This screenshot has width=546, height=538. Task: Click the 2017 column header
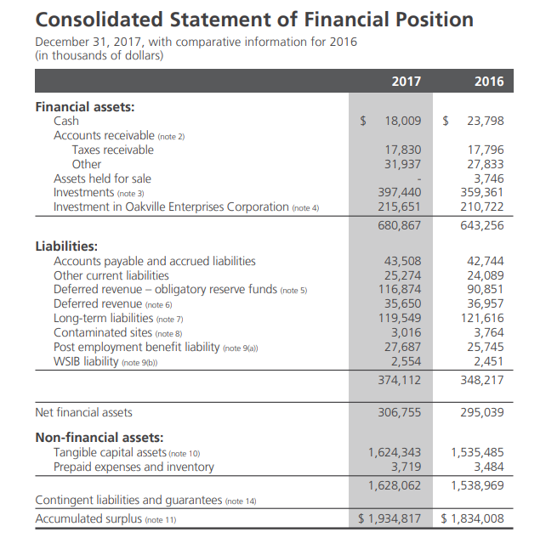(x=406, y=82)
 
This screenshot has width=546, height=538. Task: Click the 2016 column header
(x=489, y=82)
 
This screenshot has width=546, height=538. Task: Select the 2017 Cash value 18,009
(x=403, y=122)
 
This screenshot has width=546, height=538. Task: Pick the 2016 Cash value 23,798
(x=486, y=122)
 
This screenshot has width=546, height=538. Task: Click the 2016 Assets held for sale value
(x=489, y=178)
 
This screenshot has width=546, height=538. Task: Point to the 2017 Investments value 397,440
(x=399, y=193)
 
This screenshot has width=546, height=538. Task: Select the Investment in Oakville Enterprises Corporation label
(x=171, y=207)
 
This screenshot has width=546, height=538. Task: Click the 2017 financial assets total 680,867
(x=399, y=225)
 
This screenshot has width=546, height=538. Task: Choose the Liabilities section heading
(x=66, y=246)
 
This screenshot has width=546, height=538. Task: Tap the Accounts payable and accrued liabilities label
(x=154, y=261)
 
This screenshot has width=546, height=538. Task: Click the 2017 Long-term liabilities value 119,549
(x=399, y=318)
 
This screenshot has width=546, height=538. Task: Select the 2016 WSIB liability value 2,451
(x=489, y=361)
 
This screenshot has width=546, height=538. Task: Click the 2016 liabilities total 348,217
(x=482, y=380)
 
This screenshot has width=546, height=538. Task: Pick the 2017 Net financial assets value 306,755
(x=399, y=412)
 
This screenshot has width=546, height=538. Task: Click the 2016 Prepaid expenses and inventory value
(x=489, y=467)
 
